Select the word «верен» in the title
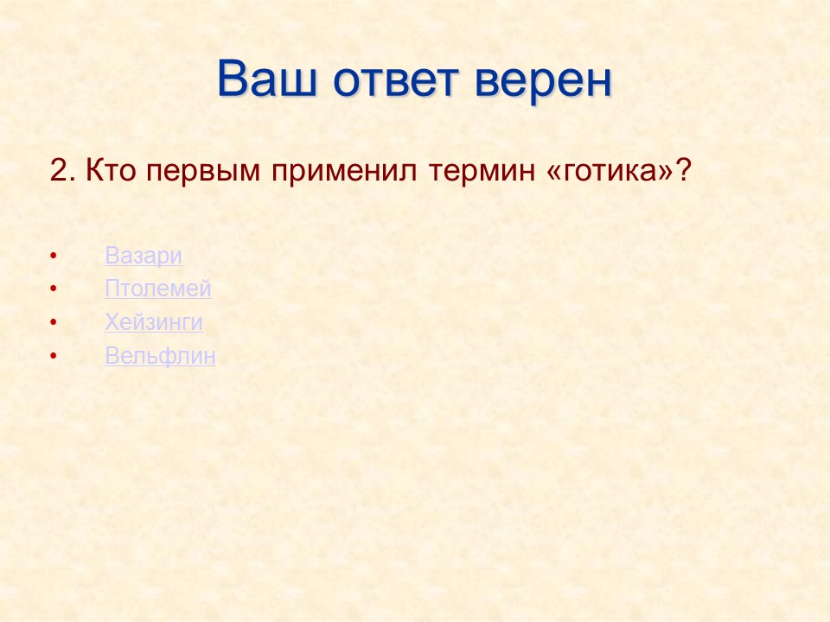click(544, 79)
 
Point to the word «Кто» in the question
click(112, 170)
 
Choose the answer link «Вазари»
click(144, 256)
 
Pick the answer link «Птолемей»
click(158, 289)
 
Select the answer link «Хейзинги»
click(154, 323)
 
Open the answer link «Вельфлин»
click(160, 356)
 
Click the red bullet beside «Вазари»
click(54, 257)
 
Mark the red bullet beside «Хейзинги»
click(54, 323)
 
